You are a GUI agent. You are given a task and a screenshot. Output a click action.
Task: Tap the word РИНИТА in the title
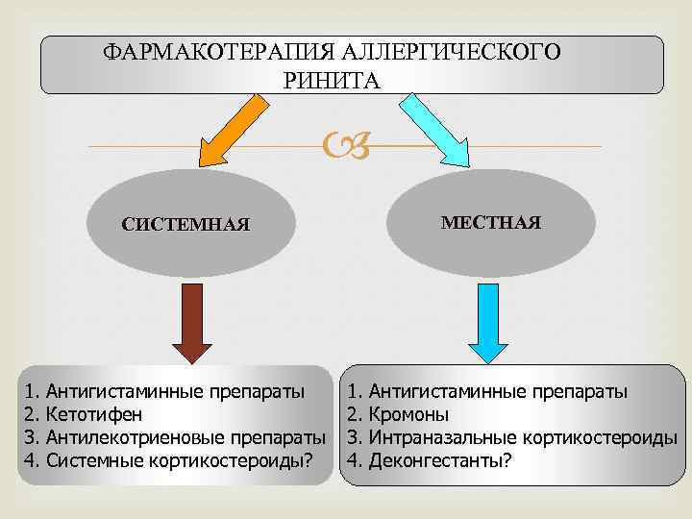pos(332,80)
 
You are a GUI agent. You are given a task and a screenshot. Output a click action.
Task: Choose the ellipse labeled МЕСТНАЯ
pos(490,223)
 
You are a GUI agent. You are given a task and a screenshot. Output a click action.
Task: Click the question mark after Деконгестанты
pos(507,460)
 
